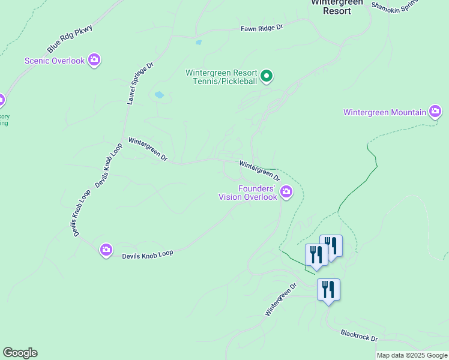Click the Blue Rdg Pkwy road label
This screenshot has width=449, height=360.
[x=70, y=40]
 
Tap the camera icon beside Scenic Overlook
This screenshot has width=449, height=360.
[x=94, y=60]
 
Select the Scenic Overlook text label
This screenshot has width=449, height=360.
[x=55, y=61]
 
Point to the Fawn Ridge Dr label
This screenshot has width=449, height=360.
[x=261, y=28]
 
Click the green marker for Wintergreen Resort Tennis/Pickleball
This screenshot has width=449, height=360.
[x=267, y=76]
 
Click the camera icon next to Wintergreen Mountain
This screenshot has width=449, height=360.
[x=435, y=112]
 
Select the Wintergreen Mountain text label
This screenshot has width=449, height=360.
[x=385, y=112]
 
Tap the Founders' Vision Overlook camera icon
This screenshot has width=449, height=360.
[x=286, y=192]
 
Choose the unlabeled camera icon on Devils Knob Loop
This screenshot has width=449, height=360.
[x=106, y=250]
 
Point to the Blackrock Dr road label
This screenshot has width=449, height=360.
[x=359, y=335]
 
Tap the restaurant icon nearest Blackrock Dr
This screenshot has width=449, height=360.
[x=328, y=290]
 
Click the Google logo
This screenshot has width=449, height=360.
[x=20, y=353]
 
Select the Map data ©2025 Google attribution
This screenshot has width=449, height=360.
[x=412, y=355]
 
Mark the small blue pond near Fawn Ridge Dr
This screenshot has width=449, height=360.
[x=198, y=43]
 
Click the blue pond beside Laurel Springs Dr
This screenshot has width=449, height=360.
[x=159, y=95]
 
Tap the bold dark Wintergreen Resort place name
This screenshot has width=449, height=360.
[x=337, y=6]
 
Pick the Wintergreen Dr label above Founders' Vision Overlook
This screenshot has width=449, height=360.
[x=260, y=170]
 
